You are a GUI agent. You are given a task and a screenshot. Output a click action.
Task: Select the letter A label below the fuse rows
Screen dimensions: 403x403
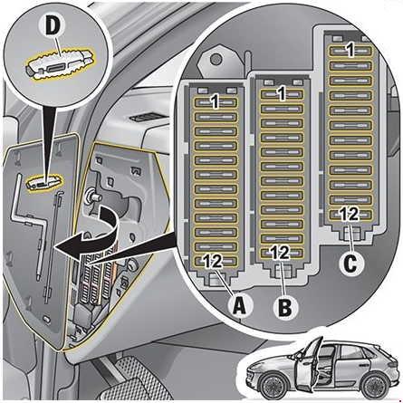(239, 305)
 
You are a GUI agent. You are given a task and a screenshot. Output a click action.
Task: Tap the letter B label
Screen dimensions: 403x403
(285, 307)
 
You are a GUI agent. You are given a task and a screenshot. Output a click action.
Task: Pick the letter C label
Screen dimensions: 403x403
(351, 264)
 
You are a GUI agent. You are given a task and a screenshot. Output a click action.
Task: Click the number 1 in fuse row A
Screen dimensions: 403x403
(216, 102)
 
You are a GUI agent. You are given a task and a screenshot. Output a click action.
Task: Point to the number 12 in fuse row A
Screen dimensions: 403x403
(213, 261)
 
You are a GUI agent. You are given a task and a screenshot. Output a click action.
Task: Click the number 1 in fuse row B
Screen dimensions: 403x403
(282, 93)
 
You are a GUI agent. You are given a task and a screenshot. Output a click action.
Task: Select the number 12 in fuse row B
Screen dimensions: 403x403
(280, 253)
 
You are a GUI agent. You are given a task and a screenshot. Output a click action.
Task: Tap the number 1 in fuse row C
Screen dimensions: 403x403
(350, 50)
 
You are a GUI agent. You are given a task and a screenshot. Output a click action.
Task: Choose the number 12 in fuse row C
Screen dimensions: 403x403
(350, 214)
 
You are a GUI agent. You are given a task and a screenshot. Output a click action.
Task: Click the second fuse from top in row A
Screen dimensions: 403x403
(216, 117)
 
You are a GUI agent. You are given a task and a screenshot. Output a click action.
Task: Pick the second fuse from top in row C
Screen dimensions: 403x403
(350, 66)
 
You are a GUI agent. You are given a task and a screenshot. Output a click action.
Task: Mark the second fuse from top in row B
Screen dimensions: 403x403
(282, 109)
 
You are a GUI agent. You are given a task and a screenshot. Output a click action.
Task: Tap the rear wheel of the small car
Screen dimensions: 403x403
(376, 385)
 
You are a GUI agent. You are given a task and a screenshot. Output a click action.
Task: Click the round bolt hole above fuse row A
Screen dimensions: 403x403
(216, 58)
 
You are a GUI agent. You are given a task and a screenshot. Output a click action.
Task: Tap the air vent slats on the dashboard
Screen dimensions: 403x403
(146, 117)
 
